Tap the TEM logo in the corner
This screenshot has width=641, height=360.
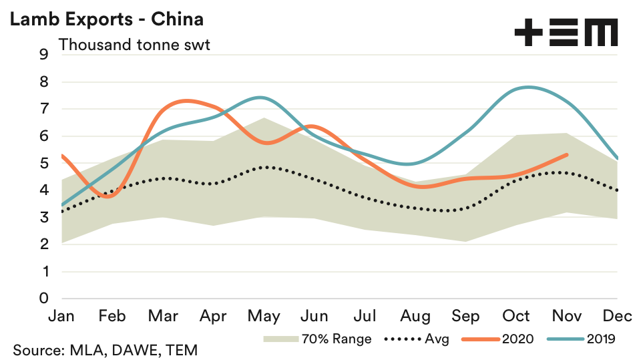coord(566,32)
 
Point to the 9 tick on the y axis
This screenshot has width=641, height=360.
coord(44,55)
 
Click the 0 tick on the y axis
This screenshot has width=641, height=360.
coord(44,299)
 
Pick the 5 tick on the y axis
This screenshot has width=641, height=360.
coord(44,163)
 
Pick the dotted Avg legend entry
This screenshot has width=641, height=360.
coord(417,339)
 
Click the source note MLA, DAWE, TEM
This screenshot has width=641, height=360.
coord(105,350)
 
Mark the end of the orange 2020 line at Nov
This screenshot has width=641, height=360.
coord(567,154)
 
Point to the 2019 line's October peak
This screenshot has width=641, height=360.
coord(528,87)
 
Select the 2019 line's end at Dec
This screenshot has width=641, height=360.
coord(616,158)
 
